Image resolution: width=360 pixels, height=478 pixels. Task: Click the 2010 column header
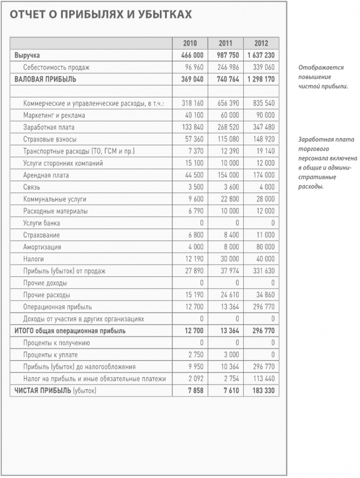point(190,44)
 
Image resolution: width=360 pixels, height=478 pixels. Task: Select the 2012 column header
point(261,44)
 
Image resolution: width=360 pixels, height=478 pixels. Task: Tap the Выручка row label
point(27,56)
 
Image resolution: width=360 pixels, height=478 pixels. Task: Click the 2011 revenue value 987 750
point(225,56)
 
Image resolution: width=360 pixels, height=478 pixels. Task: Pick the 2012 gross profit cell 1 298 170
point(261,79)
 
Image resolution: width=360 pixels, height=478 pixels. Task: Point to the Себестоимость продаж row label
point(57,67)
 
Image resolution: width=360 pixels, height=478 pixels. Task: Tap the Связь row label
point(31,187)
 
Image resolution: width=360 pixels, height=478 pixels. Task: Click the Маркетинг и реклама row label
point(54,116)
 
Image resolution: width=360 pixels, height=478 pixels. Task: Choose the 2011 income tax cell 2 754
point(230,379)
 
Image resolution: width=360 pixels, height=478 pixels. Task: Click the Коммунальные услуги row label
point(55,199)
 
